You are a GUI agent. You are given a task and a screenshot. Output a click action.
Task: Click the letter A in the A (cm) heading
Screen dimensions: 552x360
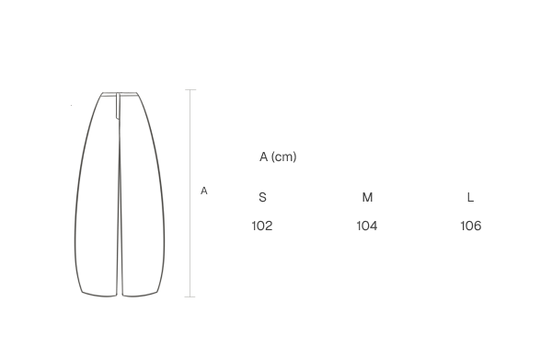[x=264, y=157]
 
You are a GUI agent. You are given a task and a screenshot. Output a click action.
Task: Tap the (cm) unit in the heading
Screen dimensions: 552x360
[x=284, y=157]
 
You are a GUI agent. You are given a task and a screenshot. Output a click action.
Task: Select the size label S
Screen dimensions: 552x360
[x=262, y=197]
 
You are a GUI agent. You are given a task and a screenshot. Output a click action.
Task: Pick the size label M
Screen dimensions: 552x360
[x=367, y=197]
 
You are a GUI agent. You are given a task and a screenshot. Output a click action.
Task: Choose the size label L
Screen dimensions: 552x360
[x=470, y=197]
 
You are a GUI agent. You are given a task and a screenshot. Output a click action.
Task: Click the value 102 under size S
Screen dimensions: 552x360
[x=262, y=226]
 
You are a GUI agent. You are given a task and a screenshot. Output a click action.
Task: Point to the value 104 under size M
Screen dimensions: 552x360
[x=367, y=226]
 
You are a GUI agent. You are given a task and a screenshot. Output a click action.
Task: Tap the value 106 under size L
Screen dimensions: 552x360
[x=471, y=226]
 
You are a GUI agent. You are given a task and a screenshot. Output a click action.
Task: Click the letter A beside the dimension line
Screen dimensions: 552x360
[x=204, y=191]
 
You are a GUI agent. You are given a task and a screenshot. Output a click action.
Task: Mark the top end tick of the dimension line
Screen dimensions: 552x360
[x=190, y=90]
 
